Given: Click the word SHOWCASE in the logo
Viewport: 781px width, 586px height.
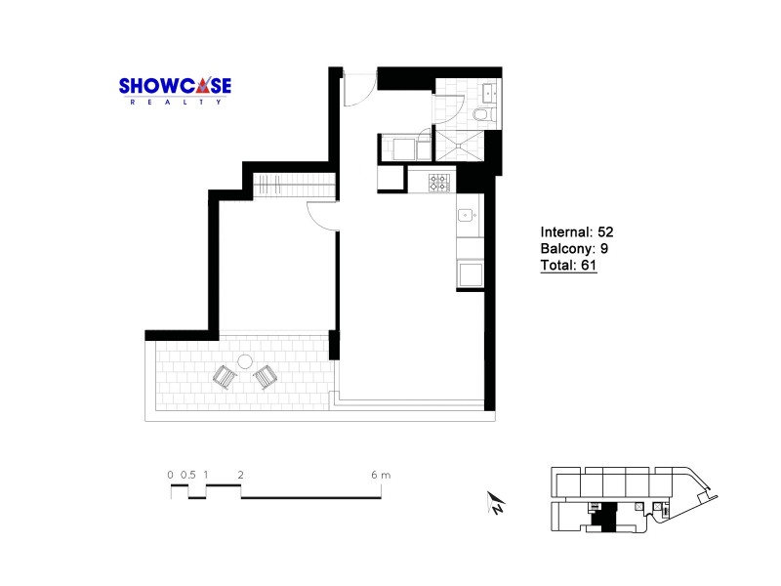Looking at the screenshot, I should point(175,86).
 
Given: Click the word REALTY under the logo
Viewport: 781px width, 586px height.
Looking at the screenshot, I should point(175,102).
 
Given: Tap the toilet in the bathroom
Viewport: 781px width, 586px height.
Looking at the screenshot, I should point(483,115).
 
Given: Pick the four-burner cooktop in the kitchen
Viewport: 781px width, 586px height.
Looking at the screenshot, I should point(439,181).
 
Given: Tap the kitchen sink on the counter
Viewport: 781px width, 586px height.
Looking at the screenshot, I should point(467,216).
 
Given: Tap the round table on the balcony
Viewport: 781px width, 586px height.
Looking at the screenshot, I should point(246,360).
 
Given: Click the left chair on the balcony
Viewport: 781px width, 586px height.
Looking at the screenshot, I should point(225,376).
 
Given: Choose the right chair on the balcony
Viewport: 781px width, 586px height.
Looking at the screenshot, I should point(265,376).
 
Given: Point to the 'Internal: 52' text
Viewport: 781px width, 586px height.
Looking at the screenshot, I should point(576,232).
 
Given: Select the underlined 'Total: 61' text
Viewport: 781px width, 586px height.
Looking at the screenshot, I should point(568,265).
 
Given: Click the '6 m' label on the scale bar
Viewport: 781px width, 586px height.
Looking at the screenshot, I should point(381,475).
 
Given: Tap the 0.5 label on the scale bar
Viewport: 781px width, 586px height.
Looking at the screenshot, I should point(187,475).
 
